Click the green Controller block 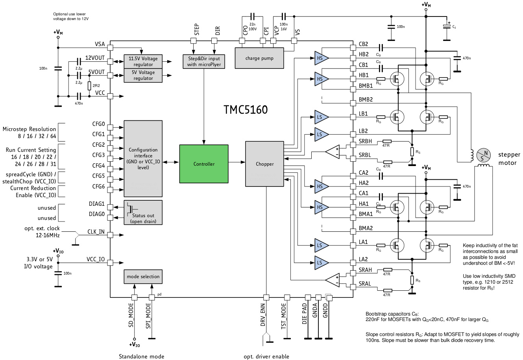(203, 164)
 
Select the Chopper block (264, 164)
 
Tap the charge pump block (259, 58)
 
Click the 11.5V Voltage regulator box (143, 61)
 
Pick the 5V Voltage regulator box (143, 75)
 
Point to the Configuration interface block (143, 159)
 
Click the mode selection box (143, 277)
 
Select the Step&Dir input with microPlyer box (204, 61)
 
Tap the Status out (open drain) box (143, 212)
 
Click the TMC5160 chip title (246, 109)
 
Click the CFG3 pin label (98, 155)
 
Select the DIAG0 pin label (97, 214)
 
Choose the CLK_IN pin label (96, 232)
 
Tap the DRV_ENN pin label (262, 315)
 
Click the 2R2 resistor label (96, 85)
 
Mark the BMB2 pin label (366, 100)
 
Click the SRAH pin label (365, 270)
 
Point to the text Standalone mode (141, 356)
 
